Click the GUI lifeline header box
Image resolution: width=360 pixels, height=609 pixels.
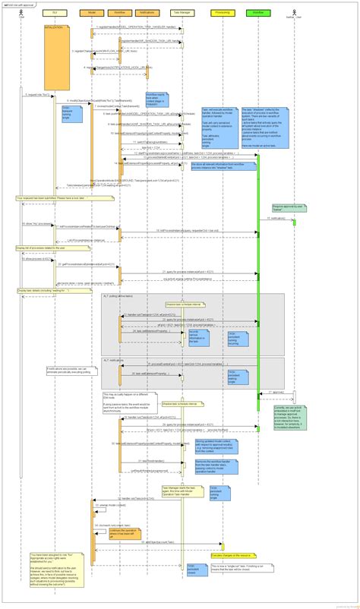pos(54,13)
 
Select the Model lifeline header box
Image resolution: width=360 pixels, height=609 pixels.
pos(93,13)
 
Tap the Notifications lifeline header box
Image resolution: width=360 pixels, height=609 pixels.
pos(146,13)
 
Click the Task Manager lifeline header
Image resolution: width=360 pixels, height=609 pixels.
pos(182,13)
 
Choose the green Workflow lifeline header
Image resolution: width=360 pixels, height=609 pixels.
pos(258,13)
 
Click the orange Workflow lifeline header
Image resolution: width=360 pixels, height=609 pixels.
pos(119,13)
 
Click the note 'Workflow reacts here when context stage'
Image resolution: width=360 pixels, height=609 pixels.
pos(156,96)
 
